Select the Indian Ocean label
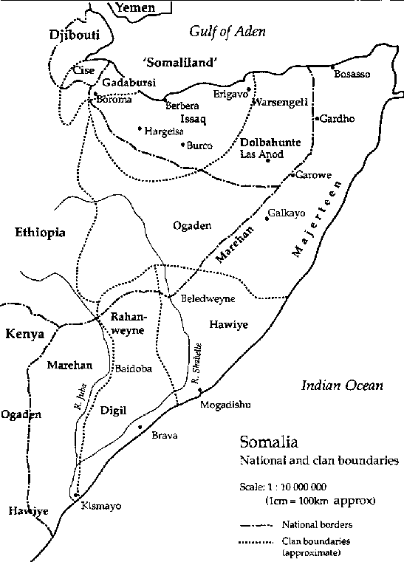[x=343, y=385]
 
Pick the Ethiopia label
[x=40, y=233]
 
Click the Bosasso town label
[x=351, y=75]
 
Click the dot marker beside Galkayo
[x=266, y=219]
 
